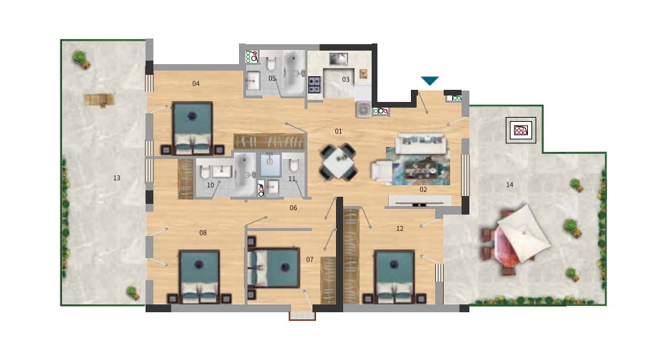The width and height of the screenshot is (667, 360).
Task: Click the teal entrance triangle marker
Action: click(429, 81)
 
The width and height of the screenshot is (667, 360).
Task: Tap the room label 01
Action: click(338, 131)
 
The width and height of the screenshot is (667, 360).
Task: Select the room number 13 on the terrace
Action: click(116, 178)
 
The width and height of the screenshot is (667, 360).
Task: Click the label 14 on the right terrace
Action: click(509, 185)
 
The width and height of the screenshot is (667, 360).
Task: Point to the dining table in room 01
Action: click(339, 162)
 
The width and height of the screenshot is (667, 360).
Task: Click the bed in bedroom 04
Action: click(193, 128)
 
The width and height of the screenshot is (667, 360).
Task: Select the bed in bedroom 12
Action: click(394, 277)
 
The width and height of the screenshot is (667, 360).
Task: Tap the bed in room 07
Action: click(273, 268)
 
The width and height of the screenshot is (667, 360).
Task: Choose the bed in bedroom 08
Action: click(199, 277)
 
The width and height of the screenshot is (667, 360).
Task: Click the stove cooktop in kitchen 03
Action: click(314, 84)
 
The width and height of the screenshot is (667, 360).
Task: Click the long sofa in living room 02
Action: click(421, 144)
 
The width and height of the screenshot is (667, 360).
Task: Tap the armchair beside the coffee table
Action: click(381, 171)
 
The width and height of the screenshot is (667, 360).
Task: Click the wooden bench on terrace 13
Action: click(99, 100)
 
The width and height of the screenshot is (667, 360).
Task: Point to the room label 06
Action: click(293, 208)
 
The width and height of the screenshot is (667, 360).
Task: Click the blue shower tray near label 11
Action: click(270, 165)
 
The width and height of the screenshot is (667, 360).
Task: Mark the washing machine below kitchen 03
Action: click(364, 109)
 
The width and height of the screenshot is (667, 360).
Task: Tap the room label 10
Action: click(210, 185)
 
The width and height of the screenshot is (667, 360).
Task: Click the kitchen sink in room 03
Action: click(339, 59)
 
